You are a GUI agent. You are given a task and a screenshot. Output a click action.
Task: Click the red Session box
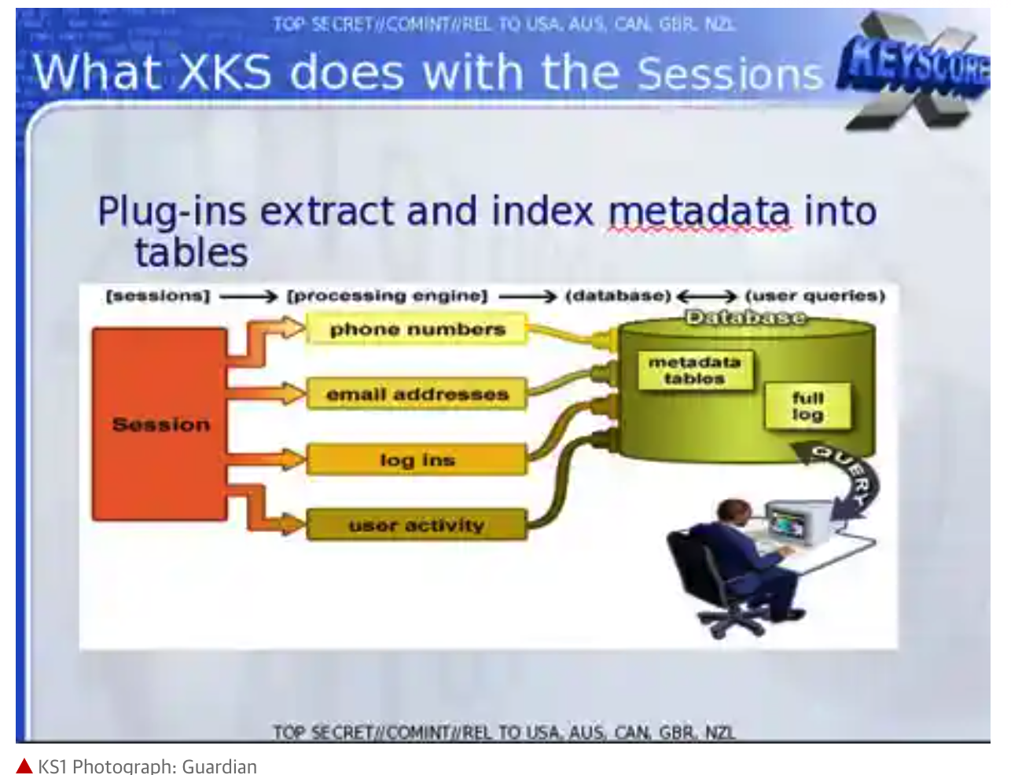point(160,424)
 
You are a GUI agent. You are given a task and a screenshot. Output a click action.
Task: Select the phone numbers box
point(417,329)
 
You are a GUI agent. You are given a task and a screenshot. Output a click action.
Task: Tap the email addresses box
point(417,394)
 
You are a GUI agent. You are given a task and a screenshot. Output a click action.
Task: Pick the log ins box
point(417,460)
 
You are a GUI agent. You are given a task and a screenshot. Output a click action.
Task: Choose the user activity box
point(417,525)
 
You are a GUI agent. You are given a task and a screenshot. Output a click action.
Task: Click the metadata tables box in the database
point(695,370)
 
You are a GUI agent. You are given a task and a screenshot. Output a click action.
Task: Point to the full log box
point(808,406)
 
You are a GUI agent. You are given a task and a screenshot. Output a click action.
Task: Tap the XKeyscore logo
point(914,70)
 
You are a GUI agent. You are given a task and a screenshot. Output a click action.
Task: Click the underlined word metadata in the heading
point(699,211)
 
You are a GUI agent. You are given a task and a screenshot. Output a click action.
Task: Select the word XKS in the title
point(225,72)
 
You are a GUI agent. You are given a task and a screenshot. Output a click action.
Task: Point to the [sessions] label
point(158,296)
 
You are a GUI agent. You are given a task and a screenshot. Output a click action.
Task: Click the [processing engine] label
point(387,296)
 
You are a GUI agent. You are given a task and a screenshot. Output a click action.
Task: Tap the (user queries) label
point(815,296)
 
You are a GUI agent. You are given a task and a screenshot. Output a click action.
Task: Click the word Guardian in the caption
point(219,766)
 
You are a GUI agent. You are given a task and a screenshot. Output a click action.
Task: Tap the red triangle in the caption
point(24,766)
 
